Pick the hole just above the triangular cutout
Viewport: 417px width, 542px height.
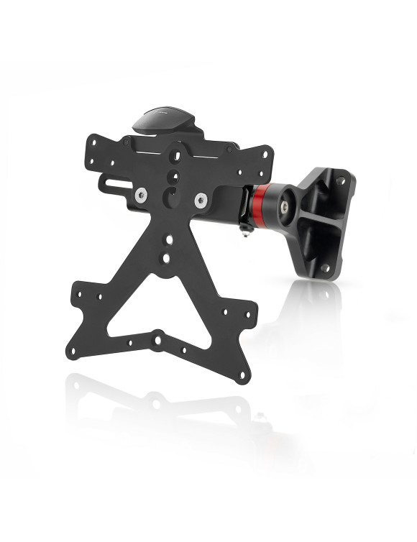(x=167, y=256)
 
